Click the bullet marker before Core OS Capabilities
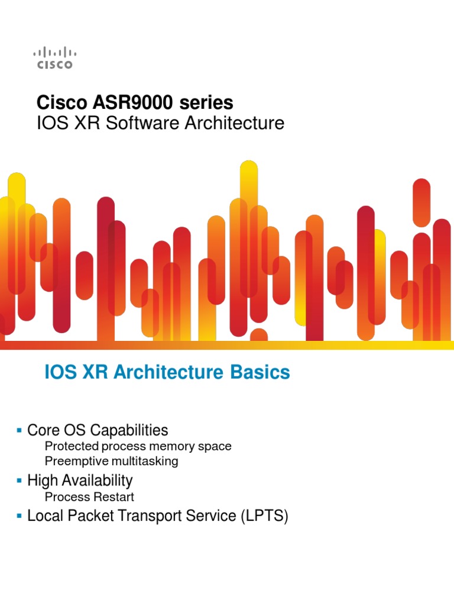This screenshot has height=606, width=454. pyautogui.click(x=20, y=428)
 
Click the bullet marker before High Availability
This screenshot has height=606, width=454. pyautogui.click(x=20, y=478)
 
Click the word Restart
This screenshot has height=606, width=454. pyautogui.click(x=116, y=497)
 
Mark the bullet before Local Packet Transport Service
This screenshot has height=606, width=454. pyautogui.click(x=20, y=514)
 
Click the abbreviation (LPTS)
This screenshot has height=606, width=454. pyautogui.click(x=264, y=516)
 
